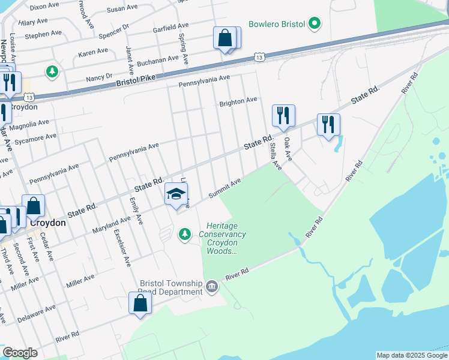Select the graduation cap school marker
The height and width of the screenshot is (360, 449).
176,194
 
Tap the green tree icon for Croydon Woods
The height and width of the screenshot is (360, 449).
185,233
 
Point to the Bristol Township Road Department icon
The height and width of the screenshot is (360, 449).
211,287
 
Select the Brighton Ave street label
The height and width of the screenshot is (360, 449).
238,101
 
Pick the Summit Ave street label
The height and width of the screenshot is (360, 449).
224,188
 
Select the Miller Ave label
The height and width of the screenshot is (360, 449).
80,281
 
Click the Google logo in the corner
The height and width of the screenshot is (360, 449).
20,353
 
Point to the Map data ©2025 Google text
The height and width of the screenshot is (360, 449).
411,355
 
